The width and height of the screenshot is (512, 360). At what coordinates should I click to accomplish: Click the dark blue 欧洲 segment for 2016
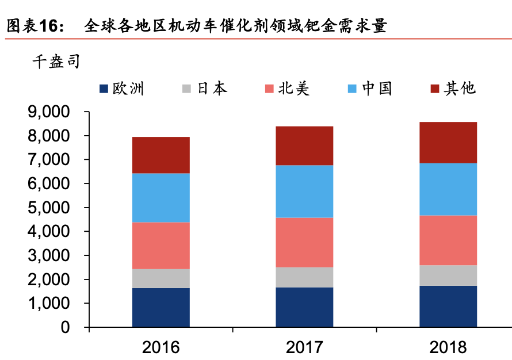click(161, 307)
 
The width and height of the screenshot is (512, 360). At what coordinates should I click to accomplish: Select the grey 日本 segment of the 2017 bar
click(304, 277)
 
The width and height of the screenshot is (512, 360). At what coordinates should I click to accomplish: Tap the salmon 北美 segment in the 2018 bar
click(448, 240)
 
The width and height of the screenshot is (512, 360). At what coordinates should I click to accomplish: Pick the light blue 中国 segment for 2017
click(304, 192)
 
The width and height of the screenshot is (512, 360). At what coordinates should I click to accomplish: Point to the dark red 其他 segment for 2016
click(161, 155)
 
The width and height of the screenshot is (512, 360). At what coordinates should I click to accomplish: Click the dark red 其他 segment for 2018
click(448, 143)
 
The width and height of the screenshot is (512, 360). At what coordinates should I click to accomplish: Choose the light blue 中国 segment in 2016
click(161, 198)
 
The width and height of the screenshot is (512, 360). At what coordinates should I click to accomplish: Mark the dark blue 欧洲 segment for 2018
click(448, 306)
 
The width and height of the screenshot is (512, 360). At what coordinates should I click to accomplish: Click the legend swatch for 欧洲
click(104, 89)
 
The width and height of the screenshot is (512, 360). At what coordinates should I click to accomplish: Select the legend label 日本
click(212, 89)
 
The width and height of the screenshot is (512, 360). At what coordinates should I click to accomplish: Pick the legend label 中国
click(377, 89)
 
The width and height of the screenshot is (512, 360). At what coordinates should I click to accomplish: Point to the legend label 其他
click(460, 89)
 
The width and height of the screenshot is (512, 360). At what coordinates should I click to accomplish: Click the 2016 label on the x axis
click(161, 347)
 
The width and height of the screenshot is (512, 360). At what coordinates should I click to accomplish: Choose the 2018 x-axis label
click(448, 347)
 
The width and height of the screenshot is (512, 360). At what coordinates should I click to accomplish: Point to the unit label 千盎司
click(55, 62)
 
